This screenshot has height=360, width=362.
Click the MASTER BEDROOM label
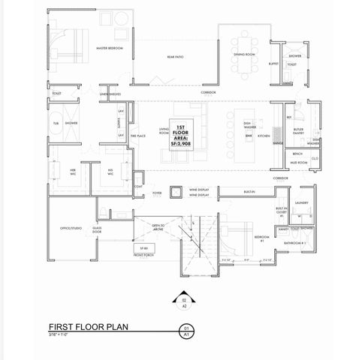click(110, 48)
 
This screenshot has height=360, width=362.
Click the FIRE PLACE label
click(137, 136)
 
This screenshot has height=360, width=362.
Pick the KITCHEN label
click(263, 136)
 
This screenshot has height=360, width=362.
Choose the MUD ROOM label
click(299, 162)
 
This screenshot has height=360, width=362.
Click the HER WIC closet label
click(73, 172)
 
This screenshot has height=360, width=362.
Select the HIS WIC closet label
click(110, 172)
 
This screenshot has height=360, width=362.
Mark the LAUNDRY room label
click(303, 202)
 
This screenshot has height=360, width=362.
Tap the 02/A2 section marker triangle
click(181, 298)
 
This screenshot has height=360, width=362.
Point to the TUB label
click(56, 122)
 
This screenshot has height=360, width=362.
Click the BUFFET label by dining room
click(273, 64)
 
